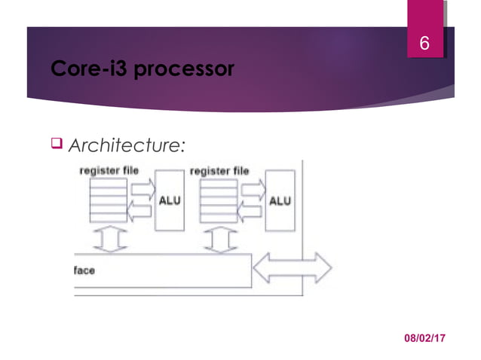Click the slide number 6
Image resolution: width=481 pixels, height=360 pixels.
point(424,44)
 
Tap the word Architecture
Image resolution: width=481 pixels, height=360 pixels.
point(125,145)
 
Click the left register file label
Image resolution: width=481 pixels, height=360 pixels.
point(109,171)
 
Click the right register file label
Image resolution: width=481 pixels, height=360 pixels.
point(219,171)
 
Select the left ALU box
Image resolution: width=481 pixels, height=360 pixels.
point(169,200)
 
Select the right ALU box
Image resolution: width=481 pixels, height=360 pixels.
point(280,200)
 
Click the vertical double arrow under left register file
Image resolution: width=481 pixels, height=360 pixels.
point(109,241)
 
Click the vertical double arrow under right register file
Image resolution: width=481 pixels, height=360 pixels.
point(220,241)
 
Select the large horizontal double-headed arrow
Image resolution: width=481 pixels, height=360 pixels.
point(293,267)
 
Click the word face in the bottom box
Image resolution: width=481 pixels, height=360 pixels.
point(84,270)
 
